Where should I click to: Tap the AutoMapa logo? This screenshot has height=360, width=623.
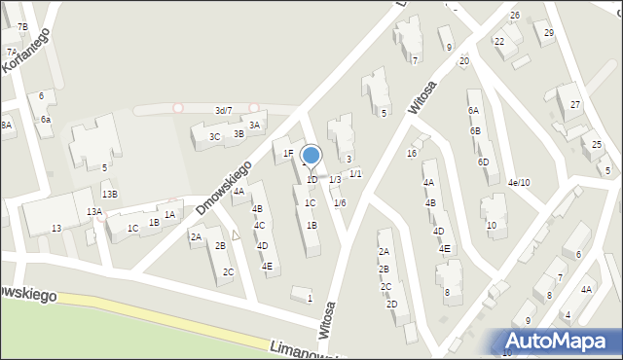[x=559, y=341]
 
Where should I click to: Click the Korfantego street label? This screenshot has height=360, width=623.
[x=25, y=52]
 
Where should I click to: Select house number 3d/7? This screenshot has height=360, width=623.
[x=224, y=111]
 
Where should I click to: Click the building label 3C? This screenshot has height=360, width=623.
[x=214, y=137]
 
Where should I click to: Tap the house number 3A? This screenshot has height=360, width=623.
[x=254, y=126]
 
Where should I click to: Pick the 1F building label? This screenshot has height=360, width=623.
[x=288, y=153]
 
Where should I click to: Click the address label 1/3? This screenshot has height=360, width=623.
[x=335, y=179]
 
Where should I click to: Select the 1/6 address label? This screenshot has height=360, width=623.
[x=340, y=202]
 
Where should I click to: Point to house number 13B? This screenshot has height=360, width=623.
[x=110, y=195]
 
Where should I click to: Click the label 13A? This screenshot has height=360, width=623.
[x=93, y=211]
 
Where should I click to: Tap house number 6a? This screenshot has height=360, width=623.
[x=45, y=119]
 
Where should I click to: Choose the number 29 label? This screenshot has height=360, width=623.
[x=549, y=33]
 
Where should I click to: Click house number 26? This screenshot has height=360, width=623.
[x=514, y=16]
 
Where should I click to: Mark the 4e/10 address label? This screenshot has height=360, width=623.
[x=518, y=182]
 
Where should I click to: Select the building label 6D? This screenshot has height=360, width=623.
[x=483, y=162]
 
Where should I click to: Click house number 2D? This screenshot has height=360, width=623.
[x=391, y=304]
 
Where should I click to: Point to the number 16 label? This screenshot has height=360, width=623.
[x=412, y=154]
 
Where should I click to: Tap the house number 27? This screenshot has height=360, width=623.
[x=575, y=104]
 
